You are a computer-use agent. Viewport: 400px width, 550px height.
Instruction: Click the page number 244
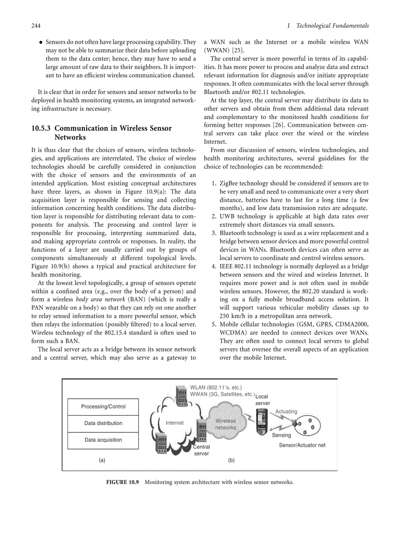35,25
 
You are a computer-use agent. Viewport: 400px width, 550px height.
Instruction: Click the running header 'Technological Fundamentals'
332,25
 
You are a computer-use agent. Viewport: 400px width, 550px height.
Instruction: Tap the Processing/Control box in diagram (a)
103,407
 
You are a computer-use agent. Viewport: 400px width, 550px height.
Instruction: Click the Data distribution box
103,423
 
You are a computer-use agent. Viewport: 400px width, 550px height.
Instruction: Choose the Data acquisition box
103,440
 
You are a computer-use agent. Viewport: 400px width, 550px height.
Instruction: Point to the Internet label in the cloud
175,423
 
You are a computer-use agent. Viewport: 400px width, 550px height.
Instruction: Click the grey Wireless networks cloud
225,424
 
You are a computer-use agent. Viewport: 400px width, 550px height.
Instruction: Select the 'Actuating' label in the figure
286,411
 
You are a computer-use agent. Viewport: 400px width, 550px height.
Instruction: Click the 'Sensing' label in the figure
281,435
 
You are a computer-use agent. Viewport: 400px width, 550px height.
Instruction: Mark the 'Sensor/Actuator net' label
302,445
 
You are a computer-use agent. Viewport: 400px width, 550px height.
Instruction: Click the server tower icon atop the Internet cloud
181,395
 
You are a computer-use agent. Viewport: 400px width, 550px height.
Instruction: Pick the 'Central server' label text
201,450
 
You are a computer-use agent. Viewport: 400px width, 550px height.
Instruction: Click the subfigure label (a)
102,460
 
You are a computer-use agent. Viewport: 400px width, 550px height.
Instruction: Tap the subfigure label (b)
231,460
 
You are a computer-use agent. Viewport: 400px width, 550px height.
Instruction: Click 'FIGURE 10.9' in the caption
123,482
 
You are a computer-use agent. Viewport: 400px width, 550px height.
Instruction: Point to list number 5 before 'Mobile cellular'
214,325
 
